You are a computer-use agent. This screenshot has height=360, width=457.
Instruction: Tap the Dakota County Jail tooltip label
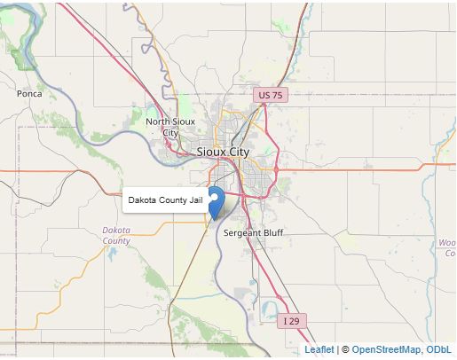[x=165, y=201]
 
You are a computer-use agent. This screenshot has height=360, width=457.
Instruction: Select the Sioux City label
[x=223, y=152]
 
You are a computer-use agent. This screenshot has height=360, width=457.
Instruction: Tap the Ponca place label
[x=29, y=93]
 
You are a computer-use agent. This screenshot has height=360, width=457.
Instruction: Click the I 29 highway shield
[x=292, y=319]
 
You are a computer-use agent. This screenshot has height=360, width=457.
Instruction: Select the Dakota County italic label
[x=116, y=235]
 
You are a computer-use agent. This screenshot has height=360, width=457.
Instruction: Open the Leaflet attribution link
[x=319, y=349]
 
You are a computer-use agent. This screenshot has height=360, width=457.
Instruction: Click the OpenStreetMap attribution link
[x=386, y=349]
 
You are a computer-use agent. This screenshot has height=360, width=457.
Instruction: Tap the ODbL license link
[x=440, y=349]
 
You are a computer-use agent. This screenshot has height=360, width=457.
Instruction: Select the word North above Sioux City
[x=159, y=121]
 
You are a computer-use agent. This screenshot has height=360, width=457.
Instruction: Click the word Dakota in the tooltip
[x=142, y=201]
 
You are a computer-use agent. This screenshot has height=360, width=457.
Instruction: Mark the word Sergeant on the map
[x=240, y=233]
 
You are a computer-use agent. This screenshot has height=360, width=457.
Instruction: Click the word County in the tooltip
[x=172, y=201]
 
